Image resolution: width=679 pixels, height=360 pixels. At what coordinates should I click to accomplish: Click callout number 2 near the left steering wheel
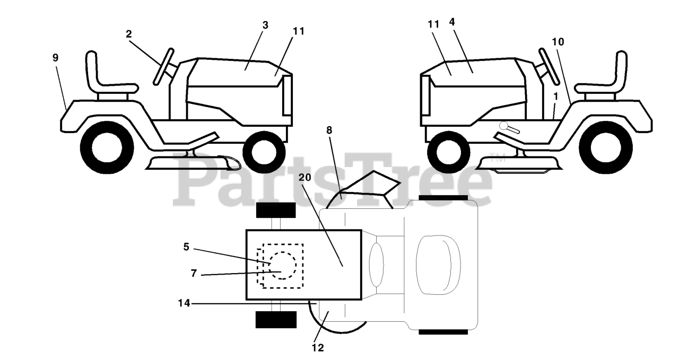[x=129, y=34]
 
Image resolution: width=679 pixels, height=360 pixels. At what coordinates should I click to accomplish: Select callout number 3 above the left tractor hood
[x=265, y=25]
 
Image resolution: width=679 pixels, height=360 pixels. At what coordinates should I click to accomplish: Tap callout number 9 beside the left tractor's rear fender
[x=56, y=58]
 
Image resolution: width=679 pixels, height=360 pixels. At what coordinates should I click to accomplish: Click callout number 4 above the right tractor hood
[x=451, y=22]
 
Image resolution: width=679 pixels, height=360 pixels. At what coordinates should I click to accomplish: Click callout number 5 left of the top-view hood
[x=186, y=247]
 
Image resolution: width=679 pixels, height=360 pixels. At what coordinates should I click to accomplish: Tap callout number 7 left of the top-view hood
[x=194, y=274]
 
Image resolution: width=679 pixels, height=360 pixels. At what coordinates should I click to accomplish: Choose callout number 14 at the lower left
[x=184, y=304]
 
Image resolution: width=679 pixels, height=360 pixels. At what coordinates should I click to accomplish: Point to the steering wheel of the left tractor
[x=164, y=66]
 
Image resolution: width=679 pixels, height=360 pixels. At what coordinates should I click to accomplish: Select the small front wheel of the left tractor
[x=267, y=153]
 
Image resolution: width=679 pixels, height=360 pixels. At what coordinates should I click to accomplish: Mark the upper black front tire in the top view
[x=275, y=209]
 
